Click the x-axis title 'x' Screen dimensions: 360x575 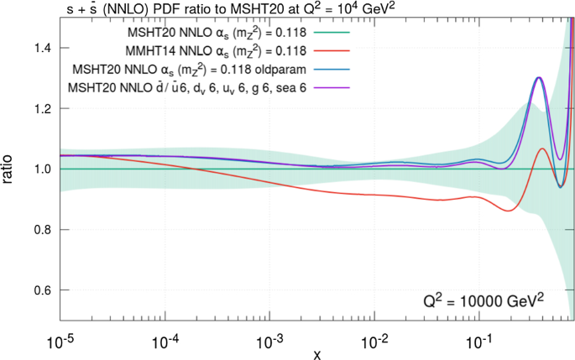click(x=316, y=354)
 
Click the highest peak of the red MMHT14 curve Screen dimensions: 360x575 click(x=541, y=149)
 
